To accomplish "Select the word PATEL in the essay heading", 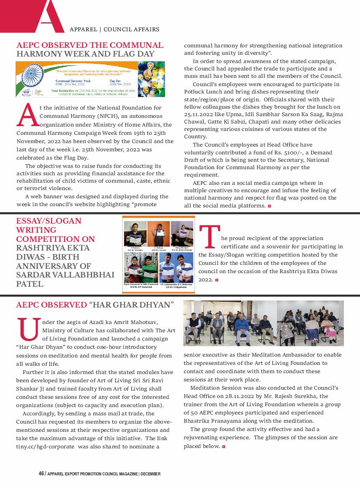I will pyautogui.click(x=30, y=284).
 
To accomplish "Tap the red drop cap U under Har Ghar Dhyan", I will pyautogui.click(x=27, y=330).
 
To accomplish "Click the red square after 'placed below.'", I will pyautogui.click(x=224, y=446).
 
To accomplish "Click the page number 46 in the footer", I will pyautogui.click(x=41, y=474).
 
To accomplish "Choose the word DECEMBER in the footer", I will pyautogui.click(x=151, y=474).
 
